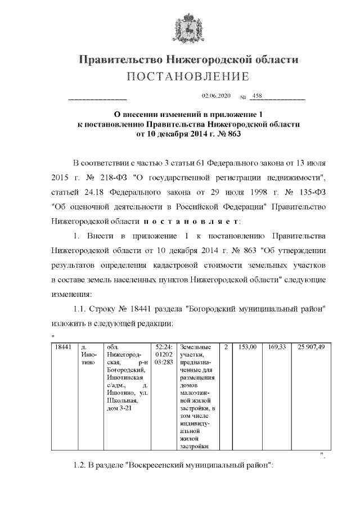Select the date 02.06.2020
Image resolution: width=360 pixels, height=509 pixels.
click(x=212, y=96)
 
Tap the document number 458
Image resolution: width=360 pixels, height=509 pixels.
click(x=258, y=96)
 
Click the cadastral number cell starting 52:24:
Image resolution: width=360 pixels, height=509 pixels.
click(x=163, y=355)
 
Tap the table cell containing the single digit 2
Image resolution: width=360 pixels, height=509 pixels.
click(x=226, y=348)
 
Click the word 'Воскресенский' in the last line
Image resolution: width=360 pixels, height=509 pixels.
click(x=159, y=466)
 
